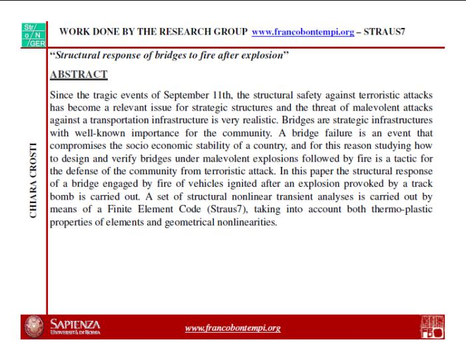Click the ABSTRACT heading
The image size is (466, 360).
coord(79,75)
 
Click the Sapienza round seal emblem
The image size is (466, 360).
coord(34,327)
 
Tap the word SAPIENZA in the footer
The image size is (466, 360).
coord(75,323)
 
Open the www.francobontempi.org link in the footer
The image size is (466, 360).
coord(232,328)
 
